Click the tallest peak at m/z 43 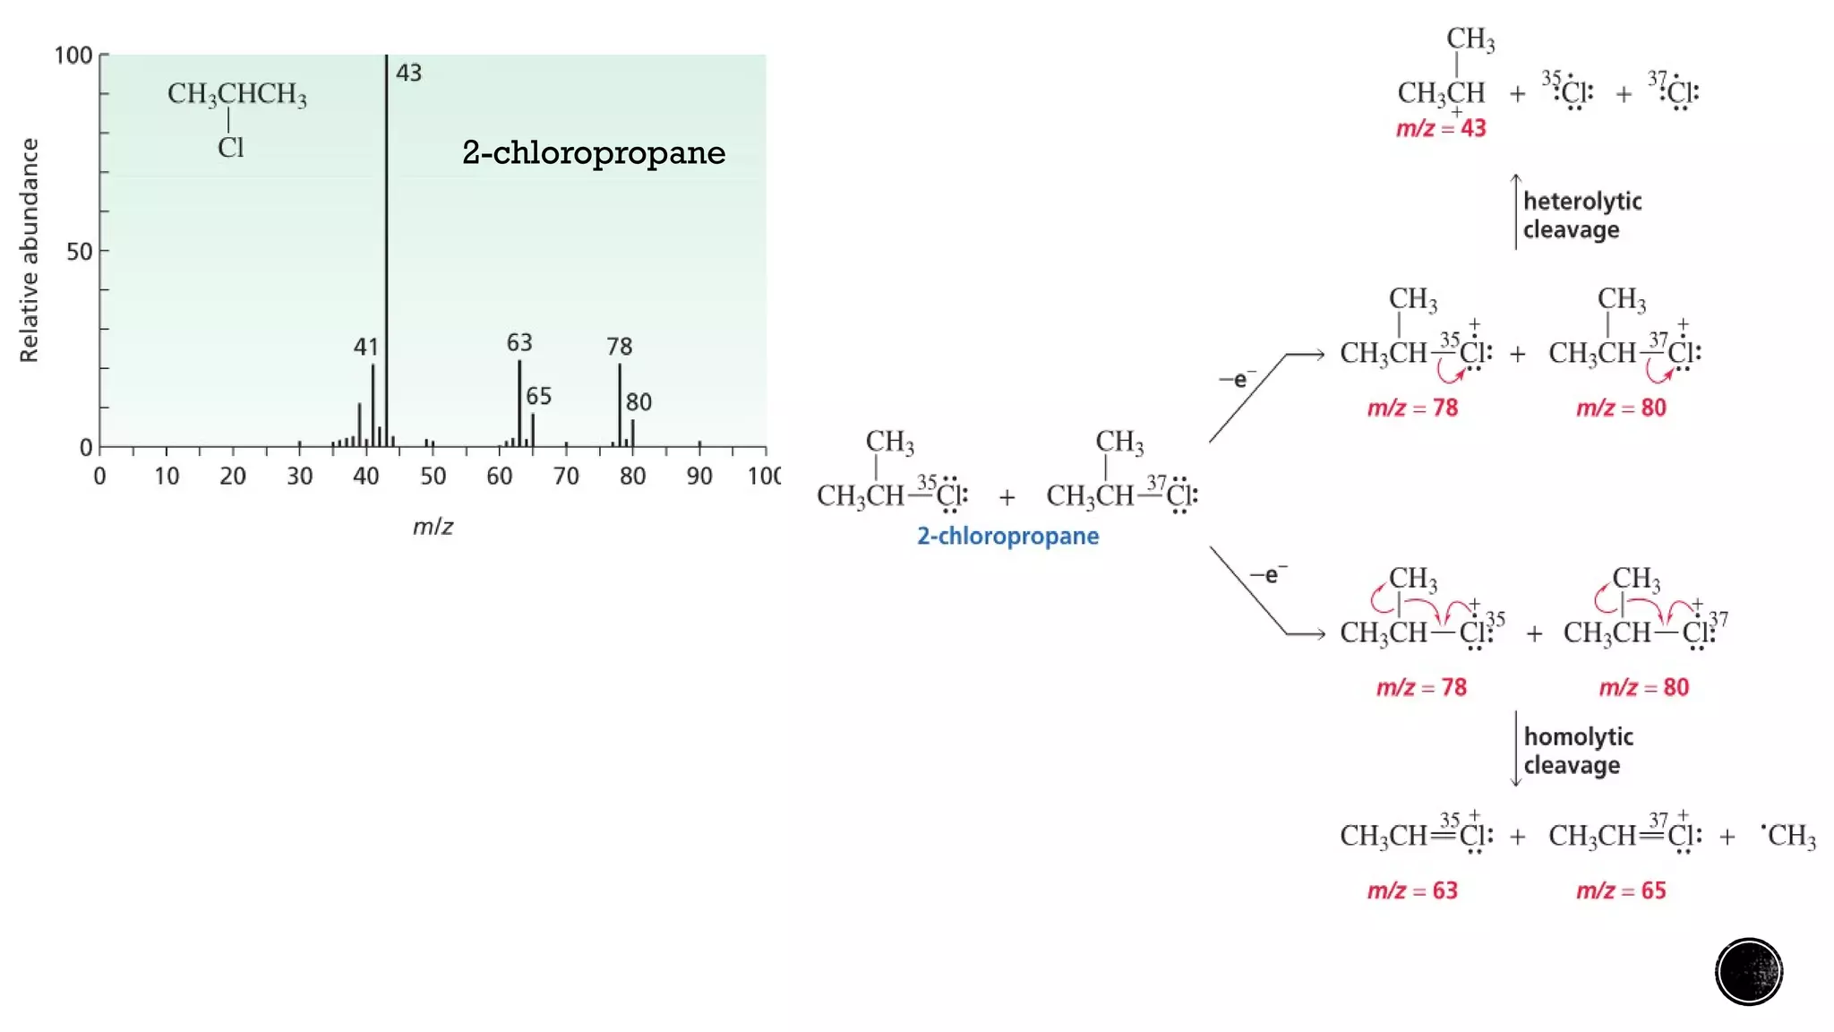coord(387,251)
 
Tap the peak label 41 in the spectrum coord(365,347)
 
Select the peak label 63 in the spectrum coord(519,342)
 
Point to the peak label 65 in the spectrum coord(539,396)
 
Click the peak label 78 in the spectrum coord(620,346)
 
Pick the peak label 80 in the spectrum coord(638,402)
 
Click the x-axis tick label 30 coord(299,476)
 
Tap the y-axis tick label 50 coord(80,252)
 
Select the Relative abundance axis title coord(29,250)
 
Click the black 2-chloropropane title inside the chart coord(594,152)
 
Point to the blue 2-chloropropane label coord(1007,536)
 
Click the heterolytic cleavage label coord(1582,215)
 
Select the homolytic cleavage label coord(1578,751)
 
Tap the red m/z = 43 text coord(1441,128)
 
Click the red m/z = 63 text coord(1412,890)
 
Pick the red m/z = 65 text coord(1621,890)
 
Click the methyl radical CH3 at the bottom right coord(1789,835)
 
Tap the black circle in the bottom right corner coord(1749,972)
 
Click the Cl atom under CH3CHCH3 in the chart coord(230,147)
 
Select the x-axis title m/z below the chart coord(433,527)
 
